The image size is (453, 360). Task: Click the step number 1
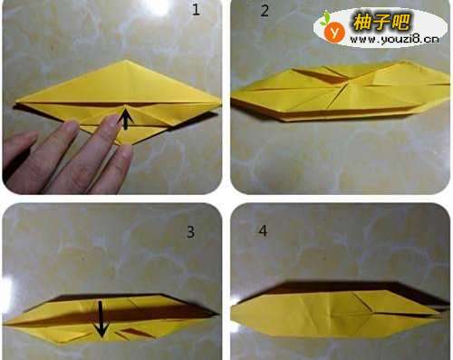click(196, 10)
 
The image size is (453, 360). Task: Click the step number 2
click(265, 11)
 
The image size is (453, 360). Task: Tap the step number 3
click(190, 232)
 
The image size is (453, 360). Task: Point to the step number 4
click(263, 231)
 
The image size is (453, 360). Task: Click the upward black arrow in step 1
click(126, 120)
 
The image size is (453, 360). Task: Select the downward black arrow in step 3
click(101, 319)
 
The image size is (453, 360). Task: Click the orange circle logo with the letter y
click(334, 33)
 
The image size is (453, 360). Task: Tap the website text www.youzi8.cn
click(394, 39)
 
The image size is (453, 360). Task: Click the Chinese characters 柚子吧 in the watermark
click(381, 22)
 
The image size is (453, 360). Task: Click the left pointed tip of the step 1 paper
click(15, 102)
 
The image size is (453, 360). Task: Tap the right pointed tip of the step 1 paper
click(220, 104)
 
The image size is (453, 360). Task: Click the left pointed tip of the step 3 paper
click(5, 324)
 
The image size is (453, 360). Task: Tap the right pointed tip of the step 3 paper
click(218, 314)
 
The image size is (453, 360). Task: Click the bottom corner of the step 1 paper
click(124, 145)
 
